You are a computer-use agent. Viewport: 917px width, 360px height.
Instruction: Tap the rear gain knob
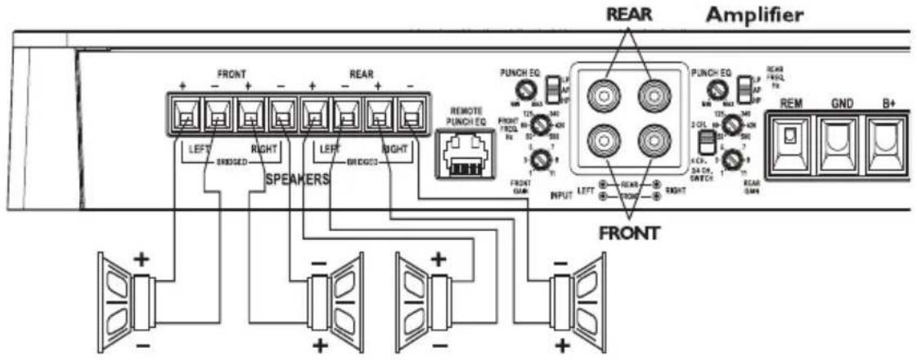(x=733, y=158)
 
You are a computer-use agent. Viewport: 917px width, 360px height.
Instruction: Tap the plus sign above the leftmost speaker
(x=141, y=259)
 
